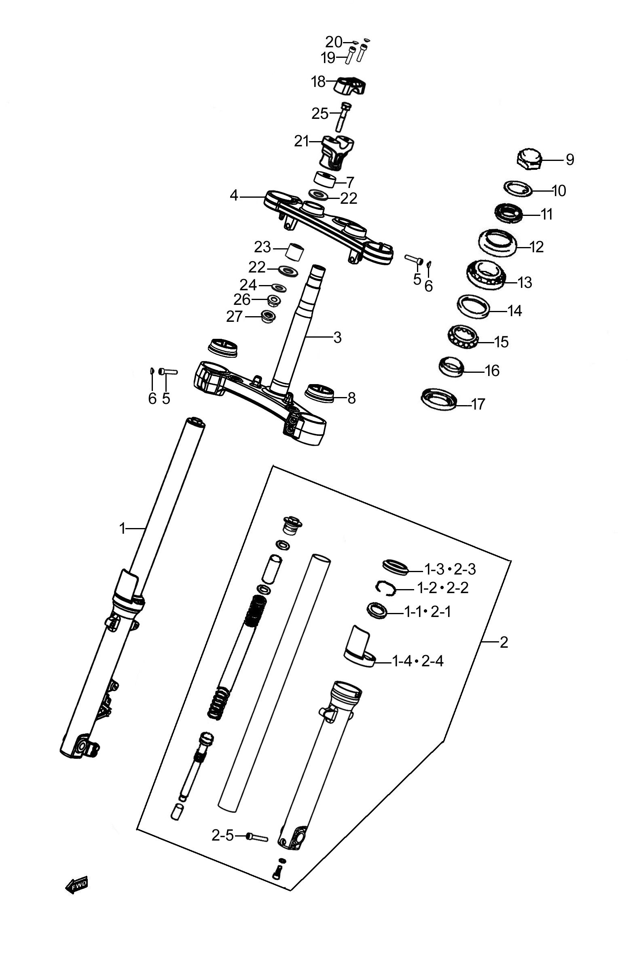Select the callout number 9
pyautogui.click(x=570, y=160)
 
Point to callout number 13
pyautogui.click(x=525, y=282)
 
